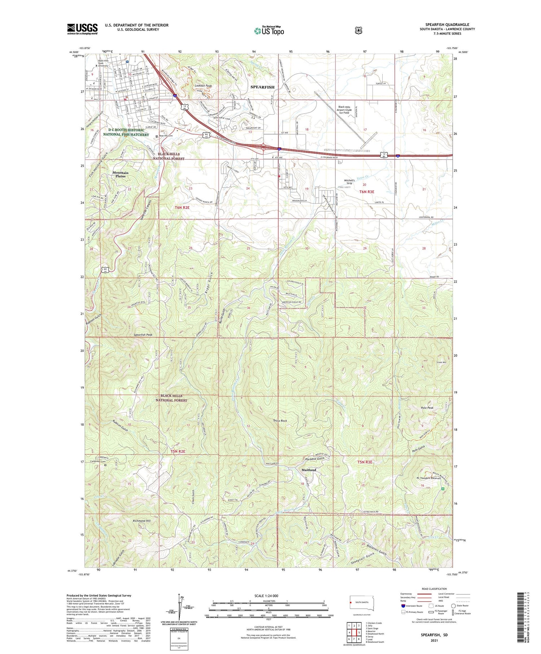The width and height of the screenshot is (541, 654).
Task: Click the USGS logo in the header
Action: [x=82, y=29]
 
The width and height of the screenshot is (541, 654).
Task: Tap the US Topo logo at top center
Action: [x=269, y=31]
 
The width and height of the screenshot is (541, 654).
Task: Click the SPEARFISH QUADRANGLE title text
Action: [x=447, y=25]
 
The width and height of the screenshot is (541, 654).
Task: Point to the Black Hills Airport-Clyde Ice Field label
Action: [x=344, y=110]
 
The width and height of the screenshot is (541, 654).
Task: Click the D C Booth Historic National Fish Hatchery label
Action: [x=126, y=132]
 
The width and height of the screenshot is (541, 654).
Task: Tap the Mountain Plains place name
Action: [x=120, y=175]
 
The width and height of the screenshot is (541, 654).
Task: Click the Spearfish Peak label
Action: [x=143, y=335]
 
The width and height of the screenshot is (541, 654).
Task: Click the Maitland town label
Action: [x=309, y=470]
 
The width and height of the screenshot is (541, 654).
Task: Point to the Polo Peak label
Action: [x=427, y=408]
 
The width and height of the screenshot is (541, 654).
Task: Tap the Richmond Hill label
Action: [x=141, y=521]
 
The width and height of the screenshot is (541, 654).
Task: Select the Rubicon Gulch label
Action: [x=120, y=426]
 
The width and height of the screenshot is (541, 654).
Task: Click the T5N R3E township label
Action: [x=365, y=462]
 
